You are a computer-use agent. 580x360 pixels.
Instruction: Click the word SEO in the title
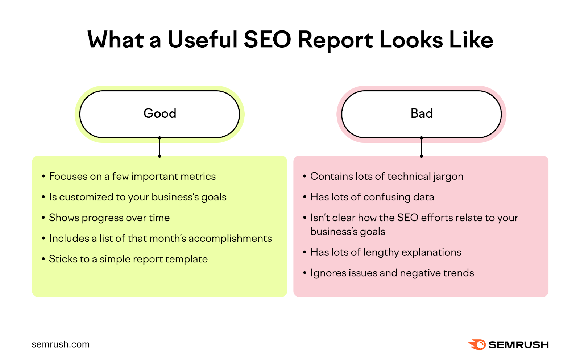(267, 40)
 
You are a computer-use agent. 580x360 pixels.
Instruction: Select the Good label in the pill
(160, 113)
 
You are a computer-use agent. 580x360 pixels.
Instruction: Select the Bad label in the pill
(422, 113)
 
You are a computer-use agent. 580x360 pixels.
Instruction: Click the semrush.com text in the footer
(61, 344)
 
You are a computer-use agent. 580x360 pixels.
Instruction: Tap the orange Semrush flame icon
(477, 344)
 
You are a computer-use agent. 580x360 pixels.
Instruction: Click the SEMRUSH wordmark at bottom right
(518, 345)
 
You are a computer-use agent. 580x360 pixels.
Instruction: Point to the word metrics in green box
(198, 177)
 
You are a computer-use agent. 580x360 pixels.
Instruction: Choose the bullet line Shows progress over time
(109, 218)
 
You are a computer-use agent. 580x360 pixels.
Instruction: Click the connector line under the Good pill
(159, 147)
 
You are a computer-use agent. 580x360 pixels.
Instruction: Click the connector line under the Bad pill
(421, 147)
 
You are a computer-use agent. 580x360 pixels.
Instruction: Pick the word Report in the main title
(335, 40)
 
